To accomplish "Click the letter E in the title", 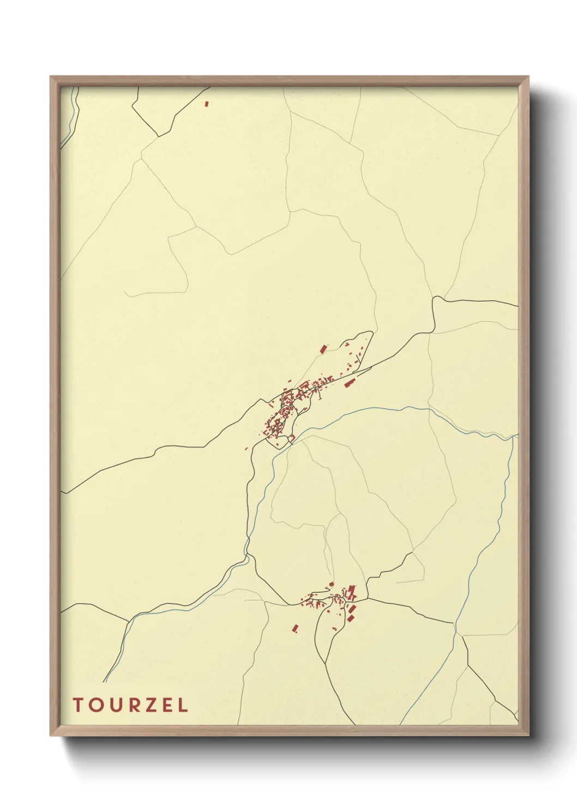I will [166, 705].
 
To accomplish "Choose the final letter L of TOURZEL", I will [182, 705].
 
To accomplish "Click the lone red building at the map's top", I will [207, 103].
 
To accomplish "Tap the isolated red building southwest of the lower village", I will [296, 629].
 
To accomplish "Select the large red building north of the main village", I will [323, 348].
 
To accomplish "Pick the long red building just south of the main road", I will [350, 382].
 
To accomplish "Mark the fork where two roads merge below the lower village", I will [325, 663].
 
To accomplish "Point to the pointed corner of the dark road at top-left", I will [159, 136].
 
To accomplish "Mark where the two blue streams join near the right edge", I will [512, 437].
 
